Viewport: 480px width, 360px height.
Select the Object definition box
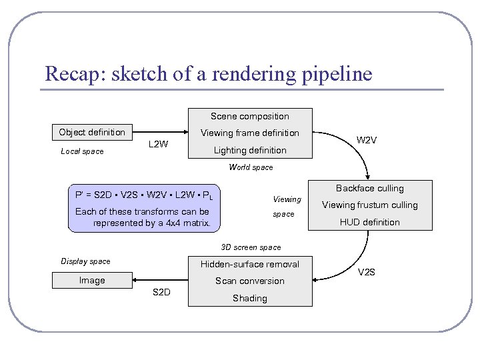tap(92, 132)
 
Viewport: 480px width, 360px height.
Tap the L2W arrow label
tap(158, 144)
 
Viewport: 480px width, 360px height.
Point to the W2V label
tap(367, 140)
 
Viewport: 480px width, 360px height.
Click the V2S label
tap(367, 272)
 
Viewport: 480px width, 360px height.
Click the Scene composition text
tap(250, 116)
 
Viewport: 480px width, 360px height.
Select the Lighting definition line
tap(250, 150)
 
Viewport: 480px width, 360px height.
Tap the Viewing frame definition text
tap(250, 133)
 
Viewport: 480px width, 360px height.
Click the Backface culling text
tap(370, 189)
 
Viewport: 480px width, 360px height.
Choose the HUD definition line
tap(370, 222)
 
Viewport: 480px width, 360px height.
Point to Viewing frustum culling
tap(370, 205)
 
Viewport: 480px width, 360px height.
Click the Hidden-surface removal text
tap(250, 264)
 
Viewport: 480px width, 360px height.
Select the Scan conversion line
tap(250, 281)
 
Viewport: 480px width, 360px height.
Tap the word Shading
tap(250, 298)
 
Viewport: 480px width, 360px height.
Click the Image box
tap(92, 281)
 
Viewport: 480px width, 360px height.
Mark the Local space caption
tap(82, 151)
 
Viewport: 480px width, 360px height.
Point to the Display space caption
tap(85, 261)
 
